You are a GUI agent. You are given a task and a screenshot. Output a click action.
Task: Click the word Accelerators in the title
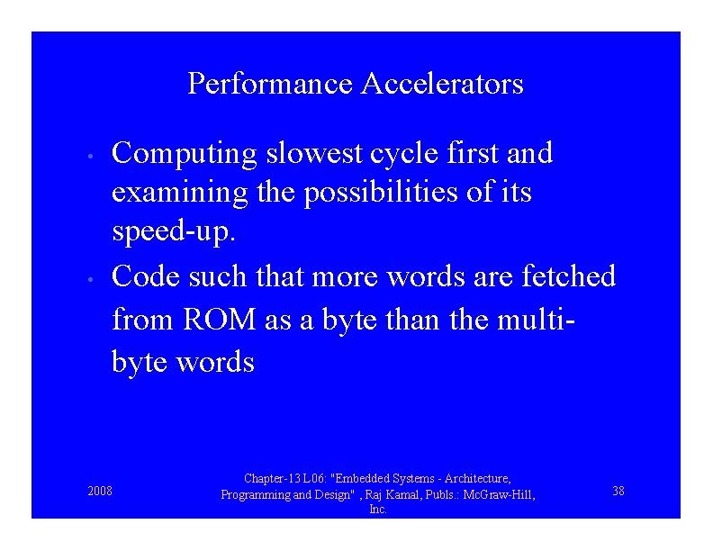[442, 85]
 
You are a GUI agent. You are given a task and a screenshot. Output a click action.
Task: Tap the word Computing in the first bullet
[185, 154]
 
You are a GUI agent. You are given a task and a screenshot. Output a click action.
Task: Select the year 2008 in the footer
[100, 492]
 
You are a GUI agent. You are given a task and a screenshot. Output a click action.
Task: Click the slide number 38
[618, 491]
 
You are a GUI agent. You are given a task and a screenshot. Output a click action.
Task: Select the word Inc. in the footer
[378, 510]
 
